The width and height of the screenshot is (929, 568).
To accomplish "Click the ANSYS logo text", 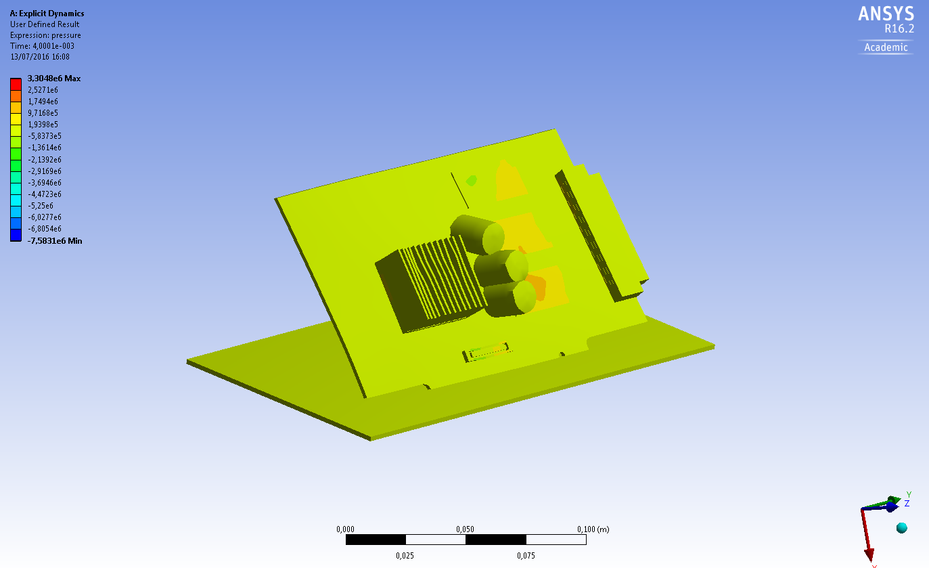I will click(886, 14).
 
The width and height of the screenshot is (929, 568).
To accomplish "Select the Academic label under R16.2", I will click(886, 47).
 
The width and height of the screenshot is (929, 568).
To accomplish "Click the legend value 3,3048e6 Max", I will click(53, 79).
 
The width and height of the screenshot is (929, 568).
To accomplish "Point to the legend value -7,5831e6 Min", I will click(55, 240).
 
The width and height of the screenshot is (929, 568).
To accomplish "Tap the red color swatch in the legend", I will click(16, 84).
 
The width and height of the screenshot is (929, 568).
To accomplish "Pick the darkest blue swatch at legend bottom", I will click(16, 235).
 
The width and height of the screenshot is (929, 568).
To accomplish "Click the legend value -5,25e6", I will click(40, 205).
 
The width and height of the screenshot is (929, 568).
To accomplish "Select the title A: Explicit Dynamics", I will click(47, 14).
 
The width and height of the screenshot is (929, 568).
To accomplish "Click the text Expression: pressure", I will click(45, 35).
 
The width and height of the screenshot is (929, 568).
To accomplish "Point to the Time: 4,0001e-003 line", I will click(42, 46).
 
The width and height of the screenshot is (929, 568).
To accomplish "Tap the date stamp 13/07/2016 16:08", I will click(40, 57).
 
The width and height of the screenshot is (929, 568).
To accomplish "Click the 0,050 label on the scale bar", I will click(465, 529).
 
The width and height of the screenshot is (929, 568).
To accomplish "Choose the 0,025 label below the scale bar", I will click(405, 556).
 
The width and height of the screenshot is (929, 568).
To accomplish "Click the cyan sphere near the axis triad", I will click(901, 527).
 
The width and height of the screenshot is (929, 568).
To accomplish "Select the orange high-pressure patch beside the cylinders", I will click(536, 286).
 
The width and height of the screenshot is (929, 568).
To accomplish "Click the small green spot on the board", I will click(472, 180).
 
